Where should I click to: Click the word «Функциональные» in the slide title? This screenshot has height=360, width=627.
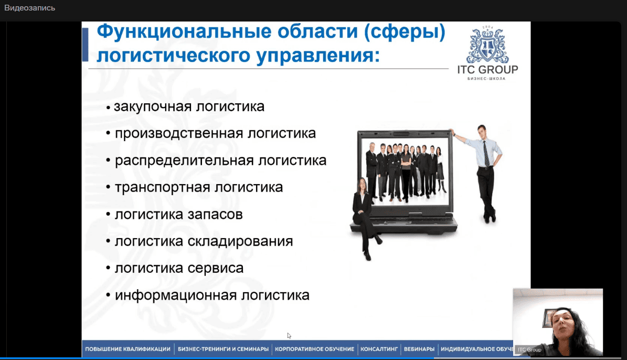click(184, 31)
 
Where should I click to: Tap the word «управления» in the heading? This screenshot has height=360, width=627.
click(318, 56)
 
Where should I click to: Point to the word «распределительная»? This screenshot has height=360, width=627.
click(184, 161)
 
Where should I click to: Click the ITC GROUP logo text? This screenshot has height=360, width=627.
click(487, 70)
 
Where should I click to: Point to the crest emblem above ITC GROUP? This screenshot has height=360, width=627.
click(487, 45)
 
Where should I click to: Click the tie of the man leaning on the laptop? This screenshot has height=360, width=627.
click(486, 153)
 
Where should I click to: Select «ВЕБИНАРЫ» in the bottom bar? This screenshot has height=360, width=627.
click(419, 349)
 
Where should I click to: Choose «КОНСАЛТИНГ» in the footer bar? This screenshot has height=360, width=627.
click(379, 349)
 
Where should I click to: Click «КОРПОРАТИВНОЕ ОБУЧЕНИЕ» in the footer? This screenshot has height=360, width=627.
click(314, 349)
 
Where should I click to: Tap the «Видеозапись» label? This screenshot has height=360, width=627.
click(29, 8)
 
